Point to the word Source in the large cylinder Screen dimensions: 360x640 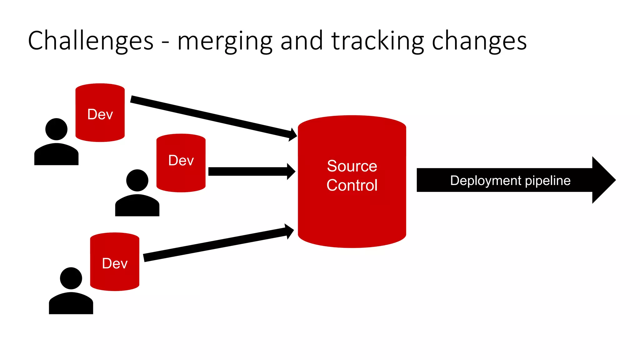[352, 166]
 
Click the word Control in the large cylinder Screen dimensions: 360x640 [352, 185]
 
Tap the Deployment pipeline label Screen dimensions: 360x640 [510, 180]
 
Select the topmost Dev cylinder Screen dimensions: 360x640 [100, 112]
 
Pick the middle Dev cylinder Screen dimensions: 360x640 [181, 162]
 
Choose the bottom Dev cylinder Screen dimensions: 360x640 [115, 262]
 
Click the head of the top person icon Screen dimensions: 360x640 [56, 129]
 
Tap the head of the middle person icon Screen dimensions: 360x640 [137, 180]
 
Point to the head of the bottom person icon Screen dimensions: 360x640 [71, 278]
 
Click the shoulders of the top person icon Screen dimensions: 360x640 [56, 155]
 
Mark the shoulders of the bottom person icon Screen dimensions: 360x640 [71, 304]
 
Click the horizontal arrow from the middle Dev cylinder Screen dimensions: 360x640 [250, 172]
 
